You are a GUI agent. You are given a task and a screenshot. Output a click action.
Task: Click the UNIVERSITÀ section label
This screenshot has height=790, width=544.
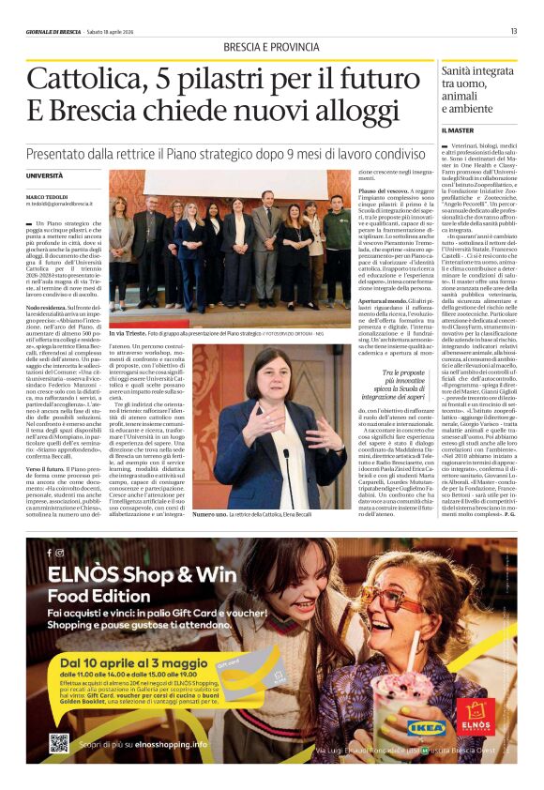tap(45, 175)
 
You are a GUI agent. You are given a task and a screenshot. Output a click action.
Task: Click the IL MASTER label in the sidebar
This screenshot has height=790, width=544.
tap(458, 129)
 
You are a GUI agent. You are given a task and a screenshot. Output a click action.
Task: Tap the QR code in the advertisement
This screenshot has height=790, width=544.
tap(59, 743)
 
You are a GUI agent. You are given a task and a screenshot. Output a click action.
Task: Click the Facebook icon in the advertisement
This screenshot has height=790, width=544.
tap(49, 553)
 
